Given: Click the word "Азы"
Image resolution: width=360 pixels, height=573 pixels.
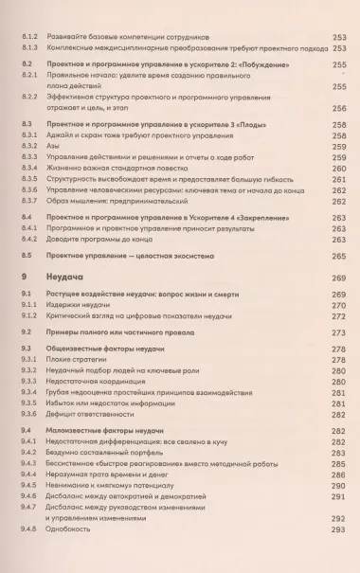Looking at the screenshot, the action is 54,147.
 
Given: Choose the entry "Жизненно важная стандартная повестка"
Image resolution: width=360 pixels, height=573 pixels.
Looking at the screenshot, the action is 104,168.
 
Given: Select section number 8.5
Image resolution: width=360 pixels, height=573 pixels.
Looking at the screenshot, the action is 26,255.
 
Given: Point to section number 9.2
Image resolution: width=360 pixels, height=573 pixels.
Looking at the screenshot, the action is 26,333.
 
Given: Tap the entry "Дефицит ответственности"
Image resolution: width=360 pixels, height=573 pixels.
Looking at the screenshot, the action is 95,412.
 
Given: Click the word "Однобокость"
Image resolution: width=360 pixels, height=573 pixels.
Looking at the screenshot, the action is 75,531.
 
